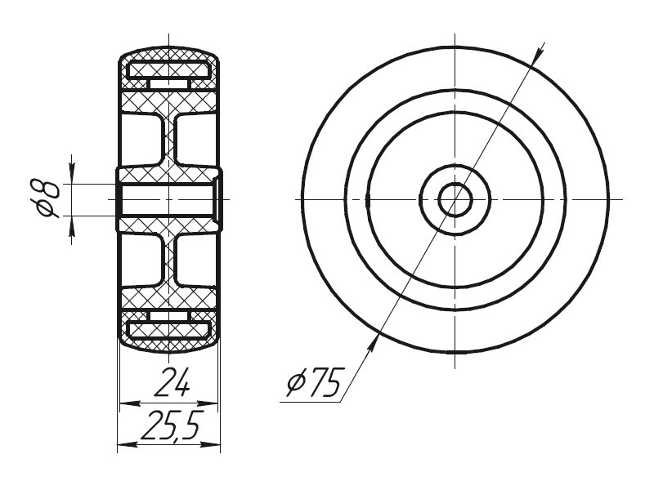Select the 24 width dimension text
(172, 382)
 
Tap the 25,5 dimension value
(172, 425)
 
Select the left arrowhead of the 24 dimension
(129, 403)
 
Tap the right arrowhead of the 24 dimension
(208, 403)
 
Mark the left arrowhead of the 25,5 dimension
(128, 445)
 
